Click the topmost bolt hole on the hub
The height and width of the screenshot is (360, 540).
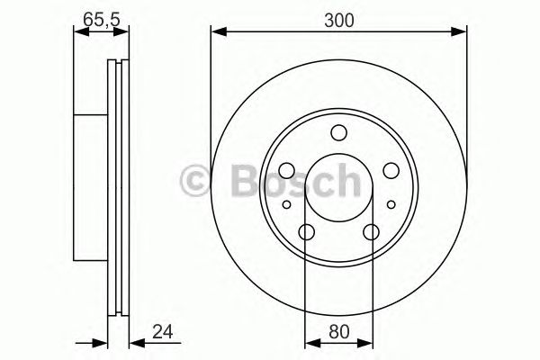(338, 134)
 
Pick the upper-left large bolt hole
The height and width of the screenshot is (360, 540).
(286, 170)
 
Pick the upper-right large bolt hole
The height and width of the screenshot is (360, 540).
(391, 170)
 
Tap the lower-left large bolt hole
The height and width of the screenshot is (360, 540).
(306, 233)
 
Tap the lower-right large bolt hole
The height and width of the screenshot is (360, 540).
(371, 233)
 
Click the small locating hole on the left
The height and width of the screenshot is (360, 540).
(287, 205)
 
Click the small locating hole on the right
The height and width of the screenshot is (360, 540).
(390, 205)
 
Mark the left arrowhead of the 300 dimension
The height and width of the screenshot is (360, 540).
(217, 32)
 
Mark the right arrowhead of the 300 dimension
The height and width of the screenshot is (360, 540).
(462, 32)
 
